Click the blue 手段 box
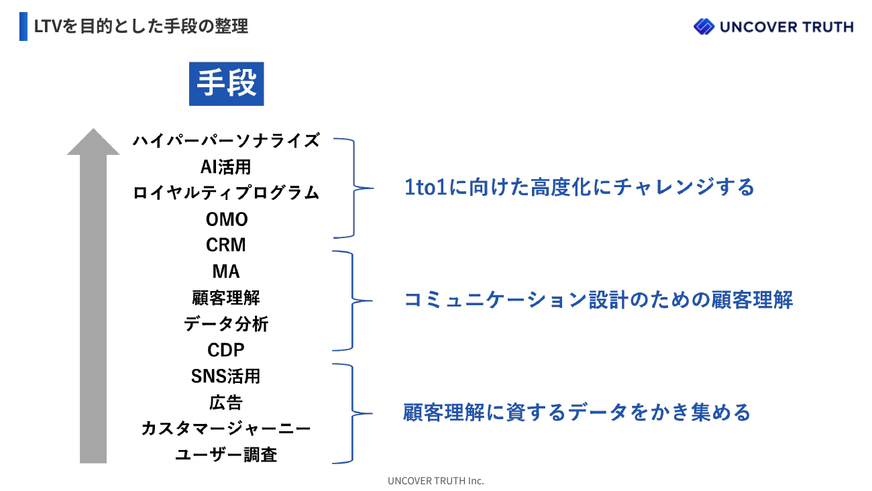(226, 84)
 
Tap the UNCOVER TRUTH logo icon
(704, 26)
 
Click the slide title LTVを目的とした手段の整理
(141, 26)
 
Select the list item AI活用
(226, 167)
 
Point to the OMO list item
(227, 219)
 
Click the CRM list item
(226, 245)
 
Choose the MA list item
(226, 272)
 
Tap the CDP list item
(226, 349)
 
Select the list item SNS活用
(226, 376)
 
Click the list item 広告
(226, 402)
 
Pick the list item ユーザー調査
(226, 454)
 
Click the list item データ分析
(226, 323)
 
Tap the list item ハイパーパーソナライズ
(226, 141)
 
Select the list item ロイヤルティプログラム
(226, 193)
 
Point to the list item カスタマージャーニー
(226, 429)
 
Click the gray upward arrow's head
(93, 142)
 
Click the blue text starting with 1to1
(580, 187)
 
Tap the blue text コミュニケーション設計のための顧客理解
(598, 300)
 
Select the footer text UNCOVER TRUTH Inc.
(435, 481)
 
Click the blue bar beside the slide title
(23, 26)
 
